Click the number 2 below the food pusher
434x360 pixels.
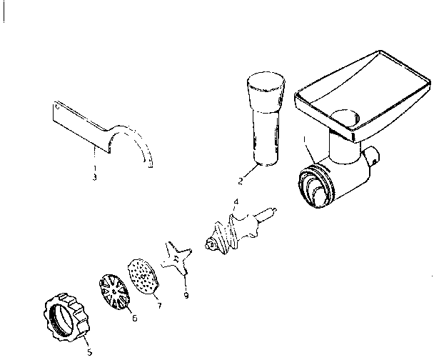(x=241, y=181)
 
